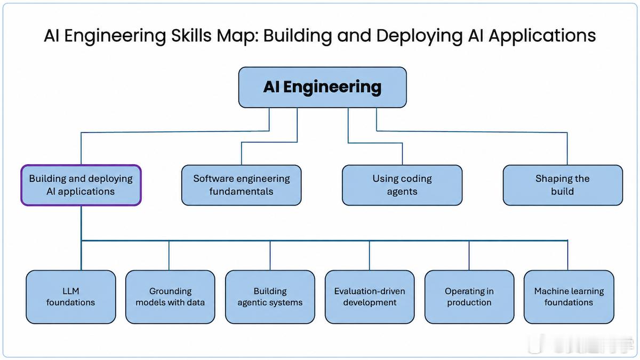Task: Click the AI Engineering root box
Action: coord(323,87)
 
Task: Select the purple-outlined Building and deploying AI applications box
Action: coord(81,185)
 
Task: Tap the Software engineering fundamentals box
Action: coord(242,185)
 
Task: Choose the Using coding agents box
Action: coord(402,185)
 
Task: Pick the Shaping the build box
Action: coord(563,185)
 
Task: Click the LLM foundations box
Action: coord(71,297)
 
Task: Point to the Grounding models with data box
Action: coord(170,297)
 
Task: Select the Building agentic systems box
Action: coord(270,297)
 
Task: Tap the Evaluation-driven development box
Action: coord(370,297)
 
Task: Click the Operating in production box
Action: coord(469,297)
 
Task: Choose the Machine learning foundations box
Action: coord(569,297)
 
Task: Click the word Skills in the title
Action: coord(191,36)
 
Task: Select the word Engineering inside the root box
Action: coord(332,87)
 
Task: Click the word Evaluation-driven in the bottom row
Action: coord(370,291)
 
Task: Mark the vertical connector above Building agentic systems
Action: coord(270,255)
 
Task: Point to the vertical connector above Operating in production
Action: coord(469,255)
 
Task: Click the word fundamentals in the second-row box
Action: coord(242,191)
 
